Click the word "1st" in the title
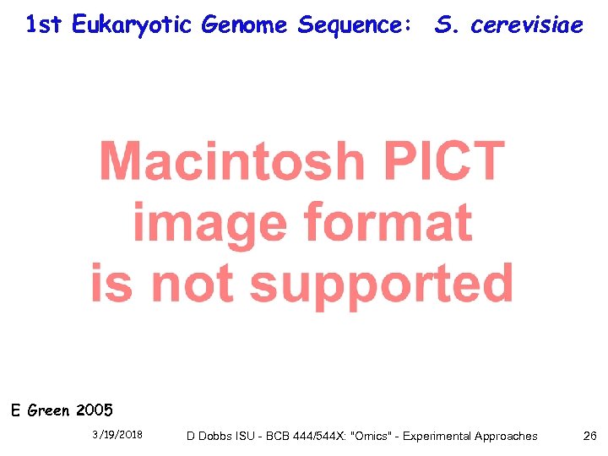coord(44,25)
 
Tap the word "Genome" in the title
coord(245,26)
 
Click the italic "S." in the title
coord(447,25)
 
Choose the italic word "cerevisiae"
coord(527,25)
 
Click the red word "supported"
coord(382,284)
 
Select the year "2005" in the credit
coord(94,411)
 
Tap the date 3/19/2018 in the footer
coord(117,435)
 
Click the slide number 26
coord(589,436)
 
